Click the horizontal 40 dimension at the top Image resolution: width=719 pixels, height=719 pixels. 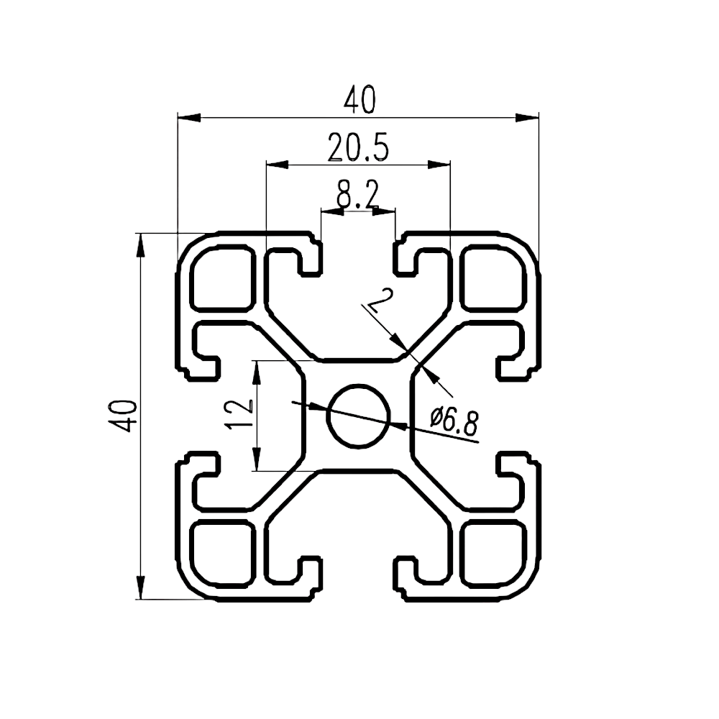tap(359, 100)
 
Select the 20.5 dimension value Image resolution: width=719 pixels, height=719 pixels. tap(358, 147)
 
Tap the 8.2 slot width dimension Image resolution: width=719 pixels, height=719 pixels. tap(357, 195)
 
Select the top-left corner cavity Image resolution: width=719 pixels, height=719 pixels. tap(223, 278)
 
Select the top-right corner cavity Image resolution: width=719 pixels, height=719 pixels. tap(493, 278)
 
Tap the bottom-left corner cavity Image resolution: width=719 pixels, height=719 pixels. tap(223, 554)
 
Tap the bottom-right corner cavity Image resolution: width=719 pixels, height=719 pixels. tap(493, 554)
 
